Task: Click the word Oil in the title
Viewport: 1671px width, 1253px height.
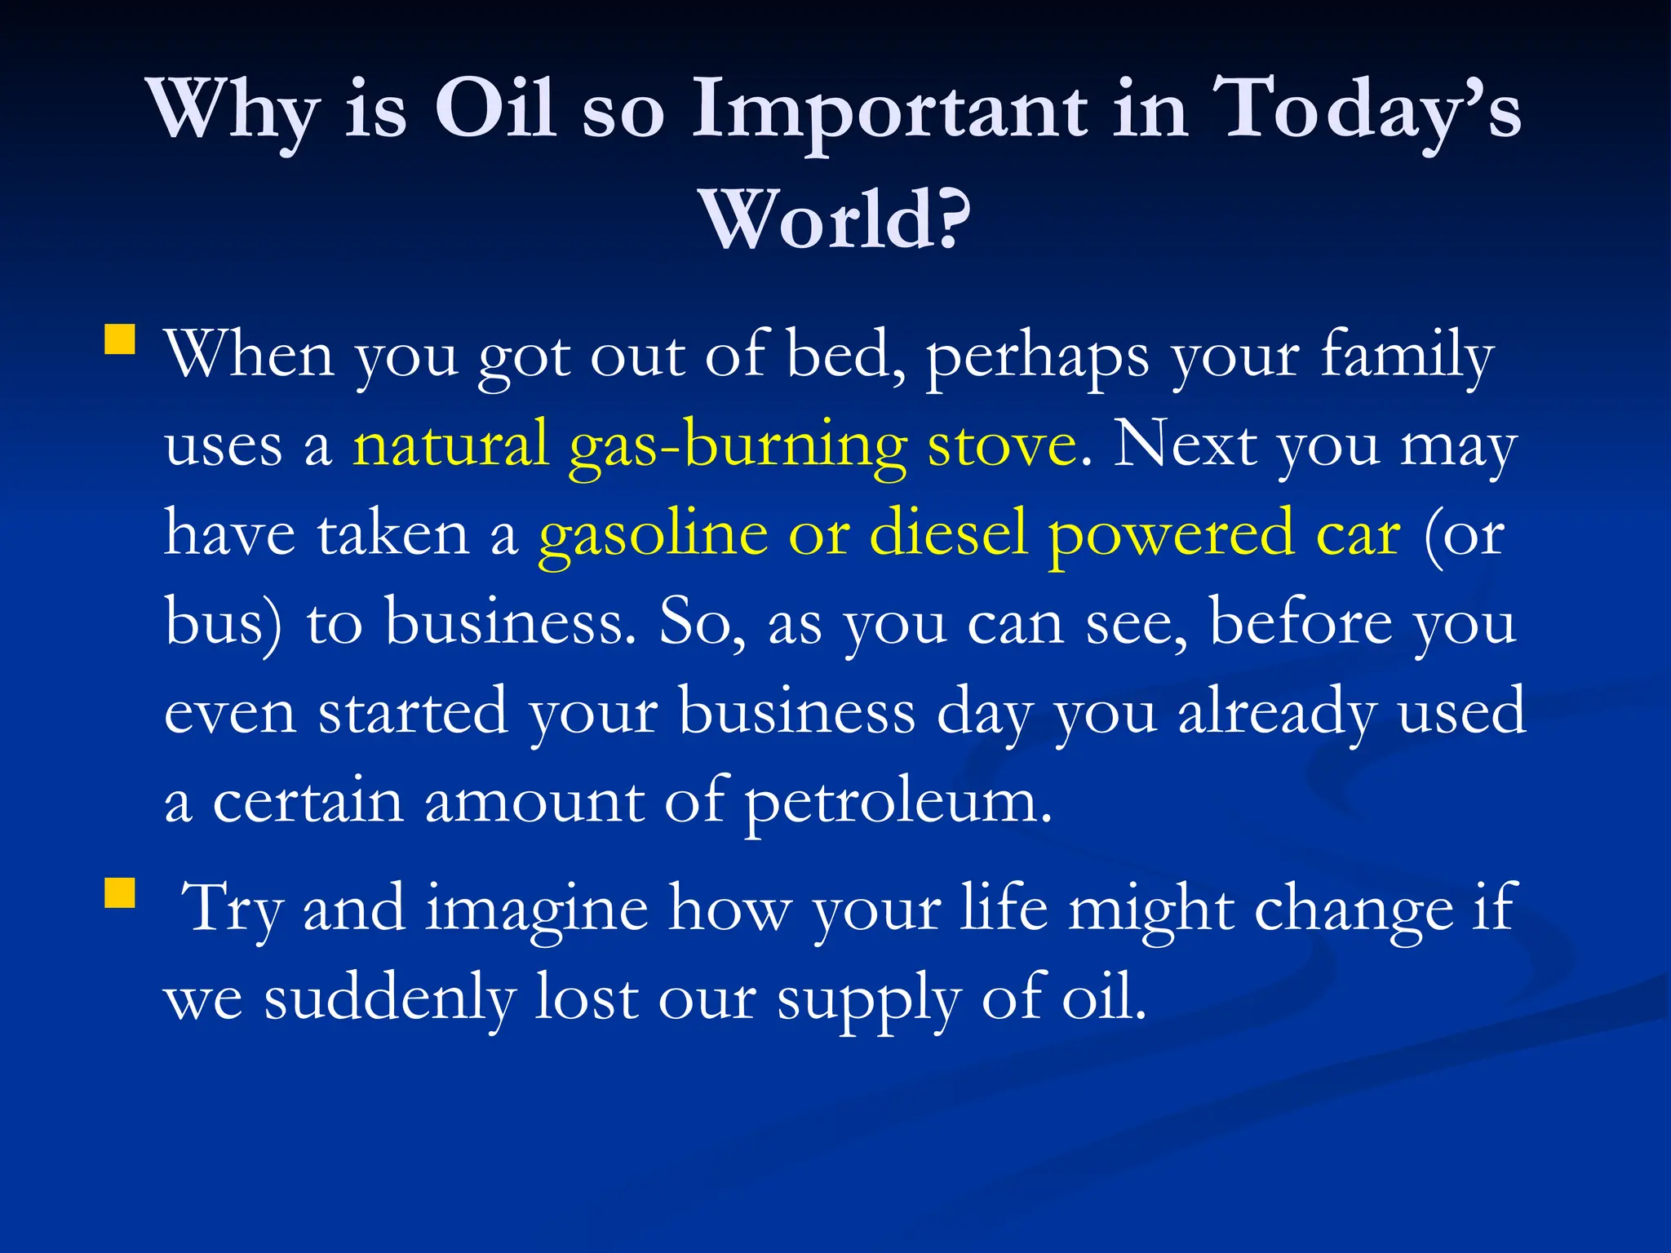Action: click(495, 108)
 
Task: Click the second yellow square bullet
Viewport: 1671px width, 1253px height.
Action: click(120, 892)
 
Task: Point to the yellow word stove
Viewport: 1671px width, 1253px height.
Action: click(1003, 445)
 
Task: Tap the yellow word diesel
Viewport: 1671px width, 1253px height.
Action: click(947, 533)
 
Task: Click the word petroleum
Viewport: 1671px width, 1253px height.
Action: click(898, 803)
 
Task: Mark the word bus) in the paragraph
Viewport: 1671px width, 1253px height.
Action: click(224, 622)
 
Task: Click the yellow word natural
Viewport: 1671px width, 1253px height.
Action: click(450, 445)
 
